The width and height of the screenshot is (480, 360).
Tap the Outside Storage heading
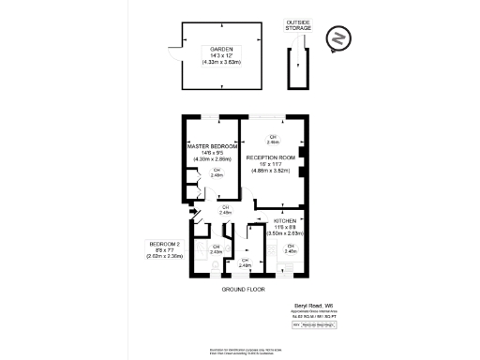pos(298,25)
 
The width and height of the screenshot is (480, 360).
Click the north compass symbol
pos(337,38)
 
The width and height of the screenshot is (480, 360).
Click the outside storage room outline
pos(298,70)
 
